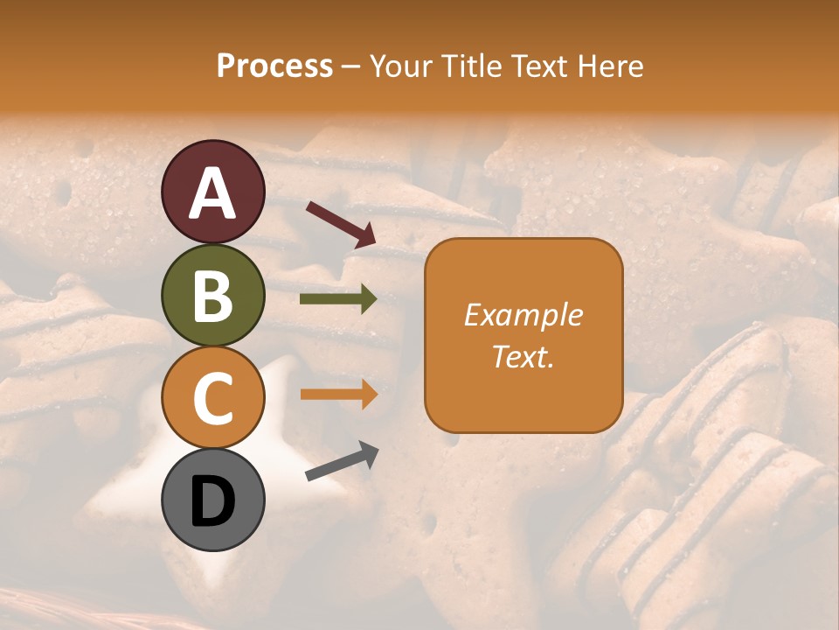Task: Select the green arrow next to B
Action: (x=338, y=299)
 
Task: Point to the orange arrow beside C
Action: (x=338, y=394)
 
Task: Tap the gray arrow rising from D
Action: (x=342, y=461)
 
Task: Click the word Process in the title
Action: (x=274, y=66)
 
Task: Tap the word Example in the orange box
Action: (x=523, y=315)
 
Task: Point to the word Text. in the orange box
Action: (x=523, y=356)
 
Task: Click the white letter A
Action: (x=212, y=192)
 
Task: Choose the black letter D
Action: (x=212, y=502)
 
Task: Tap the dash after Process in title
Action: (x=351, y=67)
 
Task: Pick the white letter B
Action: (x=212, y=296)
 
